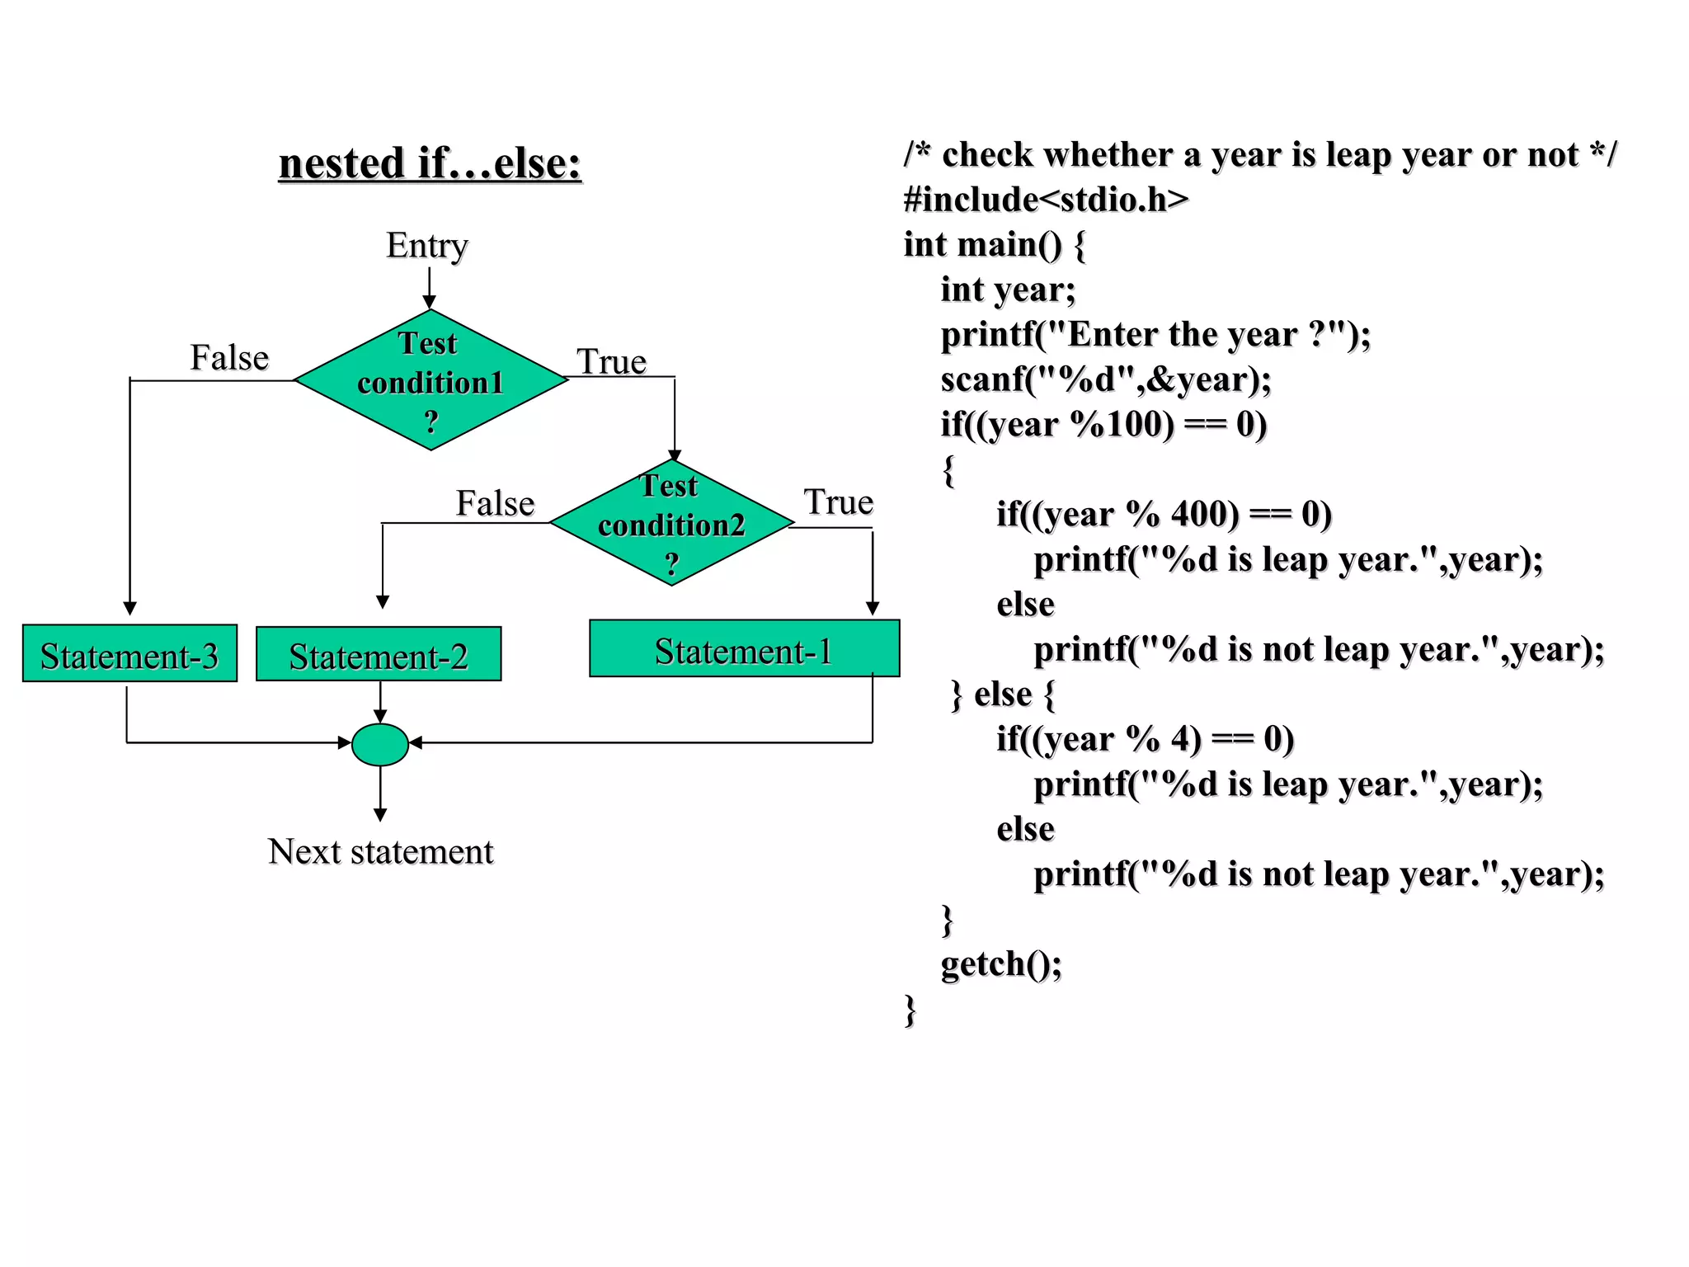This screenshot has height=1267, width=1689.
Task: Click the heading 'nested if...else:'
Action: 430,163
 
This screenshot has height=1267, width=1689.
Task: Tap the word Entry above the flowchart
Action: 427,245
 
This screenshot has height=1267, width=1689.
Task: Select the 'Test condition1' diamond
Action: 430,381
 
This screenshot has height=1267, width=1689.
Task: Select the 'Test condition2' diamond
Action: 671,523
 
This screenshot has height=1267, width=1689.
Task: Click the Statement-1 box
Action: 744,650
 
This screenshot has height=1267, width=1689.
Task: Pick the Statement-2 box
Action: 379,655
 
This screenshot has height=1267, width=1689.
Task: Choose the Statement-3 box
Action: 129,655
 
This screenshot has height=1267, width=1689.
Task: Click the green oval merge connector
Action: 380,744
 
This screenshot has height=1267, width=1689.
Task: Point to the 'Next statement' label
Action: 380,851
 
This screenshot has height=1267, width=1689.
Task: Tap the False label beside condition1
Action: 229,358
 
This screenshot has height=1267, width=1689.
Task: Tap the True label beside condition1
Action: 611,361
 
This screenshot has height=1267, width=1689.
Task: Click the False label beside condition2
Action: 495,503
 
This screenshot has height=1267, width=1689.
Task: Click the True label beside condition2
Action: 838,502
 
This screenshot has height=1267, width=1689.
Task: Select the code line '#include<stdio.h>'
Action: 1046,200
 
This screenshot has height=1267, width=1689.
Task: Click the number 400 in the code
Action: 1204,514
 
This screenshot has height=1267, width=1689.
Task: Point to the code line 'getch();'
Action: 1001,963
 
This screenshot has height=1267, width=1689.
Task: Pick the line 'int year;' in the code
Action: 1008,290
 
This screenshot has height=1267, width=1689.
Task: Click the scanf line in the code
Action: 1106,379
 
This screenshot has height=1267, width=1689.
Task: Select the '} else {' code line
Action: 1003,695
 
